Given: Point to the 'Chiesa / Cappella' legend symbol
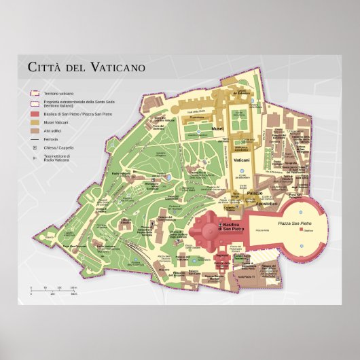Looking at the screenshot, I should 33,147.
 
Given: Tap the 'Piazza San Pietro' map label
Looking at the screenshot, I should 293,223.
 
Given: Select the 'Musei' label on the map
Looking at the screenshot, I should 217,128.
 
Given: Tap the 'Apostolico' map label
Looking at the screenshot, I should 266,202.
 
